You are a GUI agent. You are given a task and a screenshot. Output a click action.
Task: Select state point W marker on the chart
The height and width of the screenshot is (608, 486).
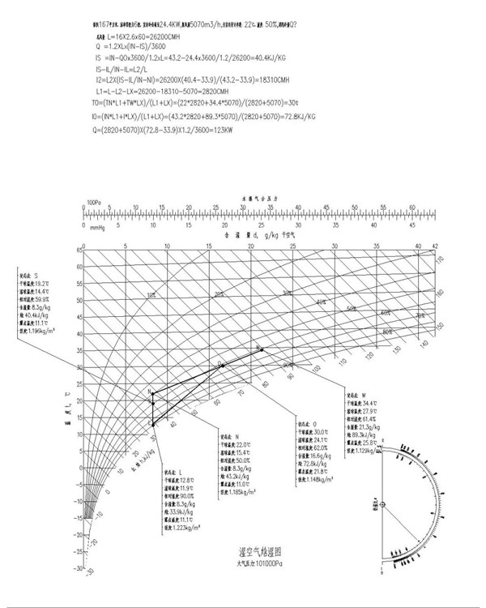[x=259, y=349]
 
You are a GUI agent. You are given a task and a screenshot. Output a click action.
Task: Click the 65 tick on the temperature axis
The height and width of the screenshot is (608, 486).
[x=80, y=250]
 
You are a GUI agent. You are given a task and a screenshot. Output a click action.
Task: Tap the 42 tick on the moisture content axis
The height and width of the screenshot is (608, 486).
[x=435, y=244]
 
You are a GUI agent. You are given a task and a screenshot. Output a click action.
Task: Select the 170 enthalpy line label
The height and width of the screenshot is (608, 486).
[x=441, y=259]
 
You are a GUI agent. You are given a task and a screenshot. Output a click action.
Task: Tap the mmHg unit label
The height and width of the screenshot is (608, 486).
[x=95, y=228]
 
